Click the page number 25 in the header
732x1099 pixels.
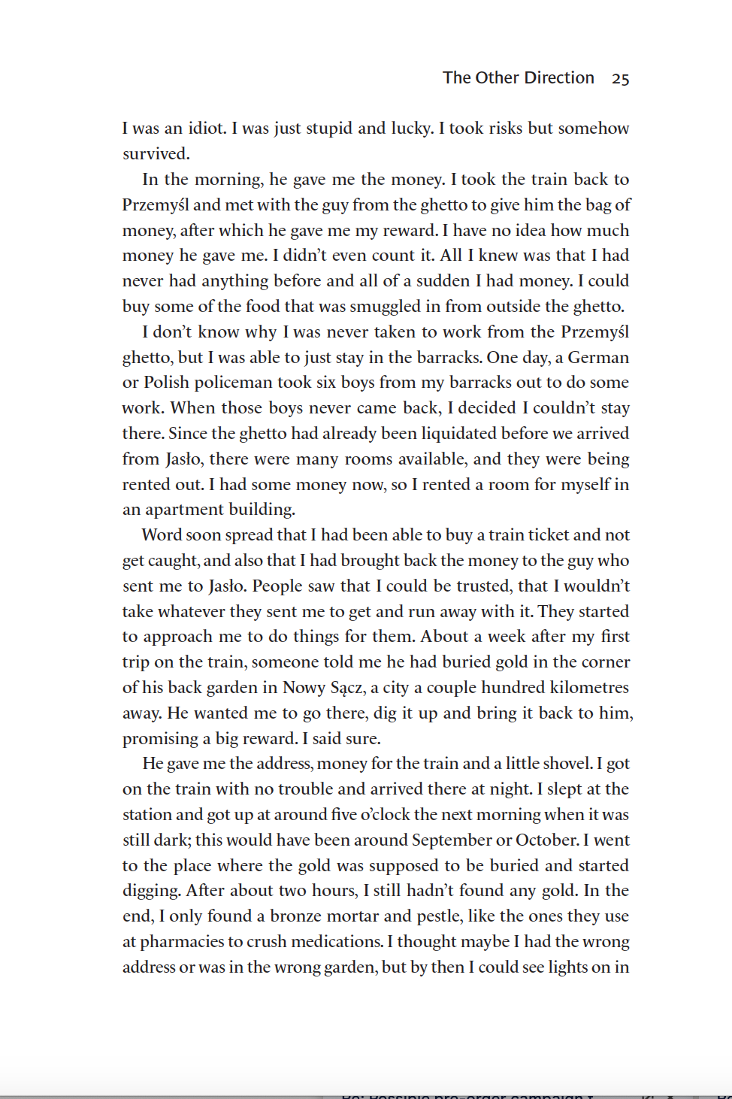pos(620,78)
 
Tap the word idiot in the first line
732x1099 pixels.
pos(207,128)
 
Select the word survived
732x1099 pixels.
pos(156,153)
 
